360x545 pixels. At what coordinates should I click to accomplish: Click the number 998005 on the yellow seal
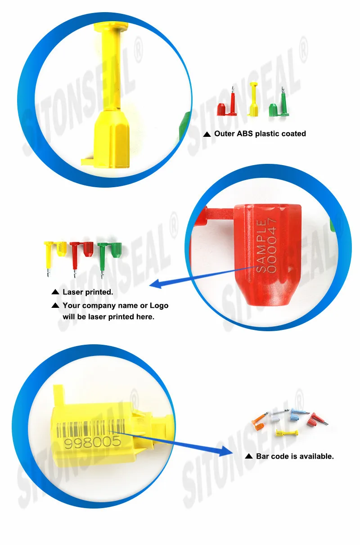tap(93, 442)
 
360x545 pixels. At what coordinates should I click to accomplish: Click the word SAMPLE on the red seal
tap(261, 246)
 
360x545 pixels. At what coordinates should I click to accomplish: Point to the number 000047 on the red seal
tap(272, 245)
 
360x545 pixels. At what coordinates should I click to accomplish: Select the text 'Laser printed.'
tap(88, 292)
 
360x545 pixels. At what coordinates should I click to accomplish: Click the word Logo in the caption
tap(159, 306)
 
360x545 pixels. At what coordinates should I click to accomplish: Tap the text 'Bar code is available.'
tap(295, 456)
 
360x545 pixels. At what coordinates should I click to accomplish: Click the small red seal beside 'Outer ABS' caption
tap(227, 104)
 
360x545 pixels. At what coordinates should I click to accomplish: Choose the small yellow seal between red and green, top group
tap(254, 99)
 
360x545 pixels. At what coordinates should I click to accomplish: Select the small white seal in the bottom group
tap(279, 416)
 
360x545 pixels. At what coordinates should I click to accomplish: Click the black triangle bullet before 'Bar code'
tap(248, 456)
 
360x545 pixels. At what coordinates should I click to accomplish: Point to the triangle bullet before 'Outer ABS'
tap(207, 134)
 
